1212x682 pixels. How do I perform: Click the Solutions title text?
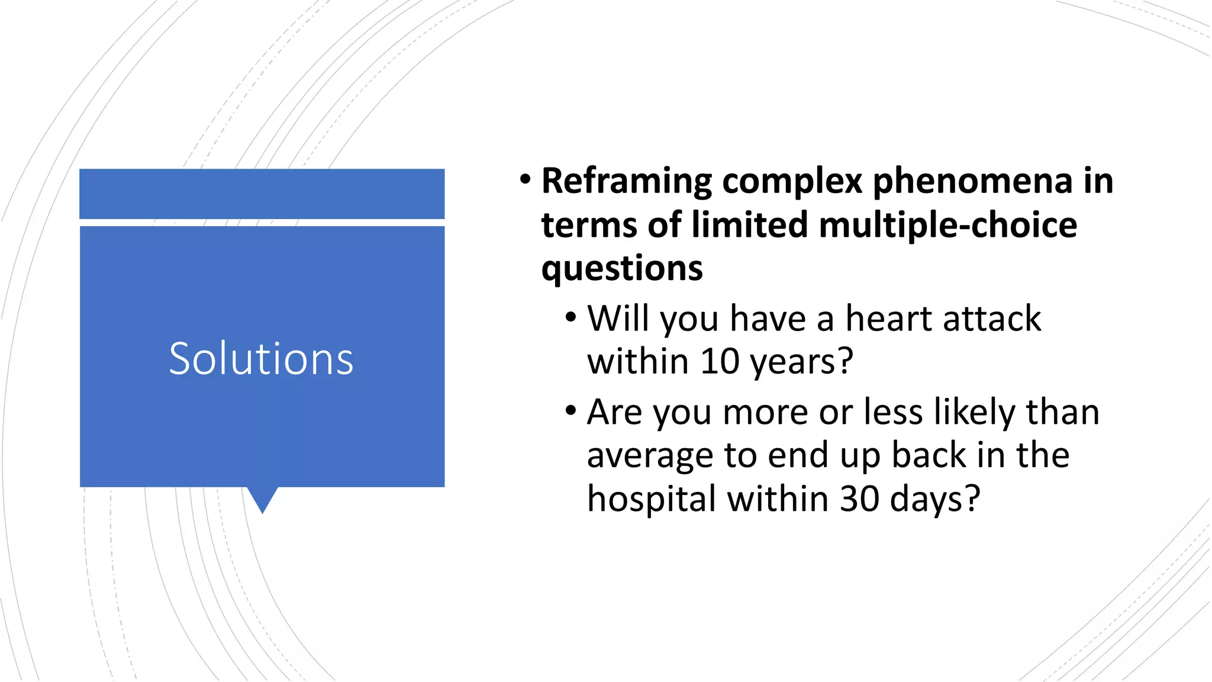261,359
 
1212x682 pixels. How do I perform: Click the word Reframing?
627,181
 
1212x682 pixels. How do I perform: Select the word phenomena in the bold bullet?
972,181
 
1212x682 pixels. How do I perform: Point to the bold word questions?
622,269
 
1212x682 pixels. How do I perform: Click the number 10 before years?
720,361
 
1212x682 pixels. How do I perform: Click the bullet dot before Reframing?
525,178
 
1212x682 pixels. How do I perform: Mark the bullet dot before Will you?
570,317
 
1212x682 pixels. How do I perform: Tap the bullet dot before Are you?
570,410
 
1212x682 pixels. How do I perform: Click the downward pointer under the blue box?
262,500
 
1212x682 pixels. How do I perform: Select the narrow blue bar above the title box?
262,194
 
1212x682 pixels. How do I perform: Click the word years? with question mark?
802,361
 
